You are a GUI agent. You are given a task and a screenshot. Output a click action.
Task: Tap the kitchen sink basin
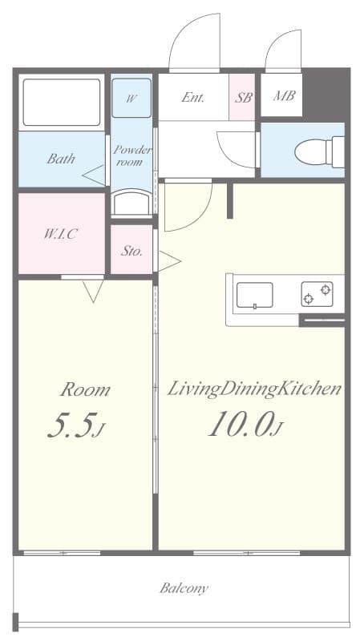pyautogui.click(x=254, y=295)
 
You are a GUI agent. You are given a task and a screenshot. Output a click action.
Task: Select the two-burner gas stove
pyautogui.click(x=317, y=295)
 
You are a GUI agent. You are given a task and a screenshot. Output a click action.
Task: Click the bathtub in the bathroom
pyautogui.click(x=62, y=103)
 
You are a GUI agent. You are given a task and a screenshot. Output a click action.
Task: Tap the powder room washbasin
pyautogui.click(x=131, y=203)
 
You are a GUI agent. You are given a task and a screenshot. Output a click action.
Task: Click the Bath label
pyautogui.click(x=60, y=159)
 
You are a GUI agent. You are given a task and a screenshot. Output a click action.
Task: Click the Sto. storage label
pyautogui.click(x=131, y=251)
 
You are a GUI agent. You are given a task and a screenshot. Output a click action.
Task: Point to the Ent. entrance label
pyautogui.click(x=192, y=98)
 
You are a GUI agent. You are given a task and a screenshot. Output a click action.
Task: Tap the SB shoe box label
pyautogui.click(x=242, y=98)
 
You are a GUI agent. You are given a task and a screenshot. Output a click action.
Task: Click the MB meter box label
pyautogui.click(x=284, y=97)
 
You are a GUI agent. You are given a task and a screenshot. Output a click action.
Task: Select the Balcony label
pyautogui.click(x=184, y=588)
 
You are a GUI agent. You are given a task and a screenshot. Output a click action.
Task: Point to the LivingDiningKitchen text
pyautogui.click(x=254, y=389)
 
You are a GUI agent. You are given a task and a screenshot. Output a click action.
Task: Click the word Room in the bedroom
pyautogui.click(x=85, y=390)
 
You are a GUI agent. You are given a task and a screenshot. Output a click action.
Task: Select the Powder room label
pyautogui.click(x=131, y=155)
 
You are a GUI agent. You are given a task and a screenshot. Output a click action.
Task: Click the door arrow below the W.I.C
pyautogui.click(x=93, y=291)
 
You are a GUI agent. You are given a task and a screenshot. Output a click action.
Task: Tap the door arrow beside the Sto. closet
pyautogui.click(x=169, y=260)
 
